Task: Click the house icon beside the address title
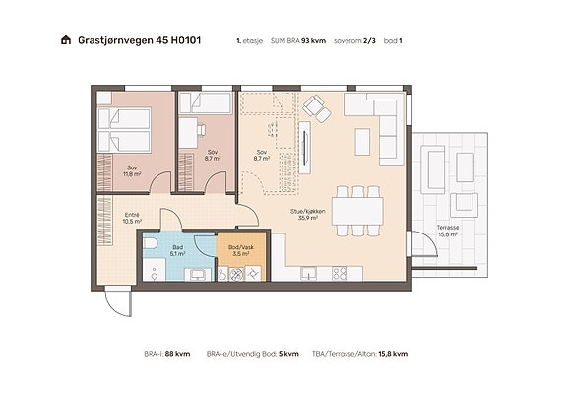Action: (x=66, y=39)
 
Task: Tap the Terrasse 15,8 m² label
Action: (x=448, y=231)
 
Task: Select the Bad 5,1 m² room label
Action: (x=177, y=251)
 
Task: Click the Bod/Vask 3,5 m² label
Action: (x=241, y=251)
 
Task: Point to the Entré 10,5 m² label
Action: (x=132, y=218)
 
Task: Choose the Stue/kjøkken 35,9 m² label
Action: (x=308, y=214)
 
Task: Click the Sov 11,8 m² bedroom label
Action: (x=132, y=170)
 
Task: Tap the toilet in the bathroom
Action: (x=150, y=243)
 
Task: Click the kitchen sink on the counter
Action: (x=309, y=273)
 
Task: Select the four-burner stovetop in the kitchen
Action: (x=340, y=274)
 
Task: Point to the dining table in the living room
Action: (x=357, y=211)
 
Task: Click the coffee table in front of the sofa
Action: (x=362, y=142)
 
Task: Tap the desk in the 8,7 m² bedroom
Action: (x=188, y=133)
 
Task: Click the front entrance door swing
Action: (x=117, y=302)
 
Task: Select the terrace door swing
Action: (x=425, y=243)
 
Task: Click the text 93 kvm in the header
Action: (x=313, y=40)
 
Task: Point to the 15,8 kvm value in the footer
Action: (x=393, y=354)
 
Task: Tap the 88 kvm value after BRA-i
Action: (x=177, y=354)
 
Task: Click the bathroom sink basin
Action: (x=198, y=275)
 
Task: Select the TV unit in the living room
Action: (x=305, y=148)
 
